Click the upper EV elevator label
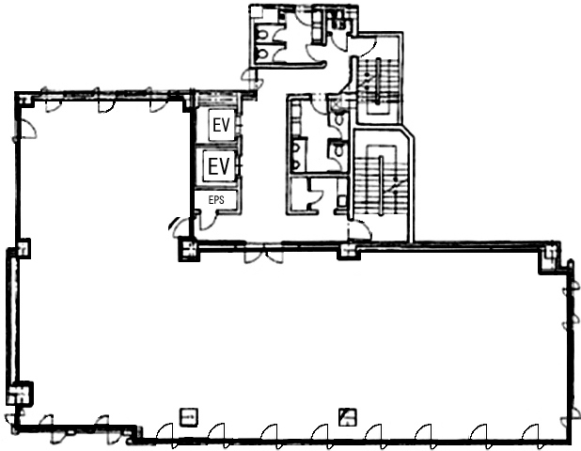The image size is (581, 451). [x=221, y=125]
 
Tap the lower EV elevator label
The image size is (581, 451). [x=219, y=165]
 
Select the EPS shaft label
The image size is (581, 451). [x=216, y=200]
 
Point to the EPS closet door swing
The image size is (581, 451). [x=209, y=220]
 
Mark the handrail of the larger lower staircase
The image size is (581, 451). [x=381, y=185]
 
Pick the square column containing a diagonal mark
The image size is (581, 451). [x=348, y=417]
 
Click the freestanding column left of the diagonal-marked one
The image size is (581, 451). [x=189, y=417]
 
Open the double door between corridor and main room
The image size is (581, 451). [x=263, y=257]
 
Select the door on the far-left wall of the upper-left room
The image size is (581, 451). [x=26, y=130]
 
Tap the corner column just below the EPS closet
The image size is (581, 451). [x=189, y=249]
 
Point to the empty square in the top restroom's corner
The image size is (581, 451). [x=257, y=12]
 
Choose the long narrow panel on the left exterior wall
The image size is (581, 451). [x=12, y=319]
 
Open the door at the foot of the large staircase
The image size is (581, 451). [x=360, y=230]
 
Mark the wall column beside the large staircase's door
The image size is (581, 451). [x=349, y=251]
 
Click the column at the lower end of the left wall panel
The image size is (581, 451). [x=19, y=394]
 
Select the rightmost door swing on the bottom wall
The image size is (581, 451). [x=531, y=432]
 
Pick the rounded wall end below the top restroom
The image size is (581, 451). [x=322, y=65]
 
